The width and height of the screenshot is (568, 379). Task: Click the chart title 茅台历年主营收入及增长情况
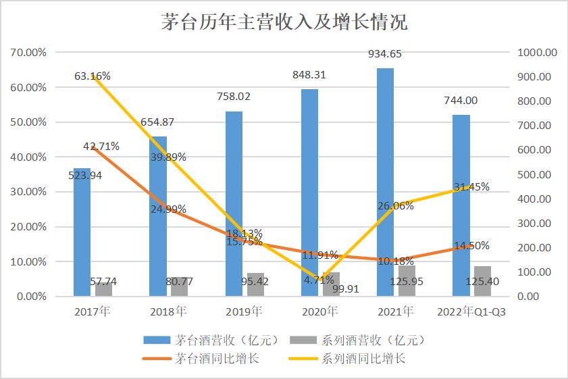tap(284, 22)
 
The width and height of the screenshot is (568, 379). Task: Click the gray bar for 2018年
tap(179, 286)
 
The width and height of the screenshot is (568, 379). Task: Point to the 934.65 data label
tap(386, 53)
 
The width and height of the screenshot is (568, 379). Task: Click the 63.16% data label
tap(93, 75)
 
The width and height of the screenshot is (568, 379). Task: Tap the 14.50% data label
tap(471, 246)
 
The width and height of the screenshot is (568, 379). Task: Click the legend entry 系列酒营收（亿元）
tap(355, 340)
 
